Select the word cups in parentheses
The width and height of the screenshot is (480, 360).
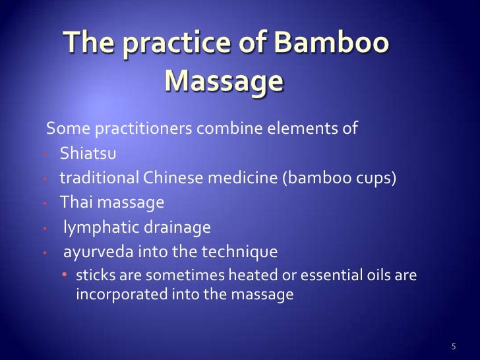click(374, 179)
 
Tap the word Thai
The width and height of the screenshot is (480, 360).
click(75, 202)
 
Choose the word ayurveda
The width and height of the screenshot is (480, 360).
click(94, 252)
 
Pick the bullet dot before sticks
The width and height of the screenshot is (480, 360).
click(66, 275)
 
